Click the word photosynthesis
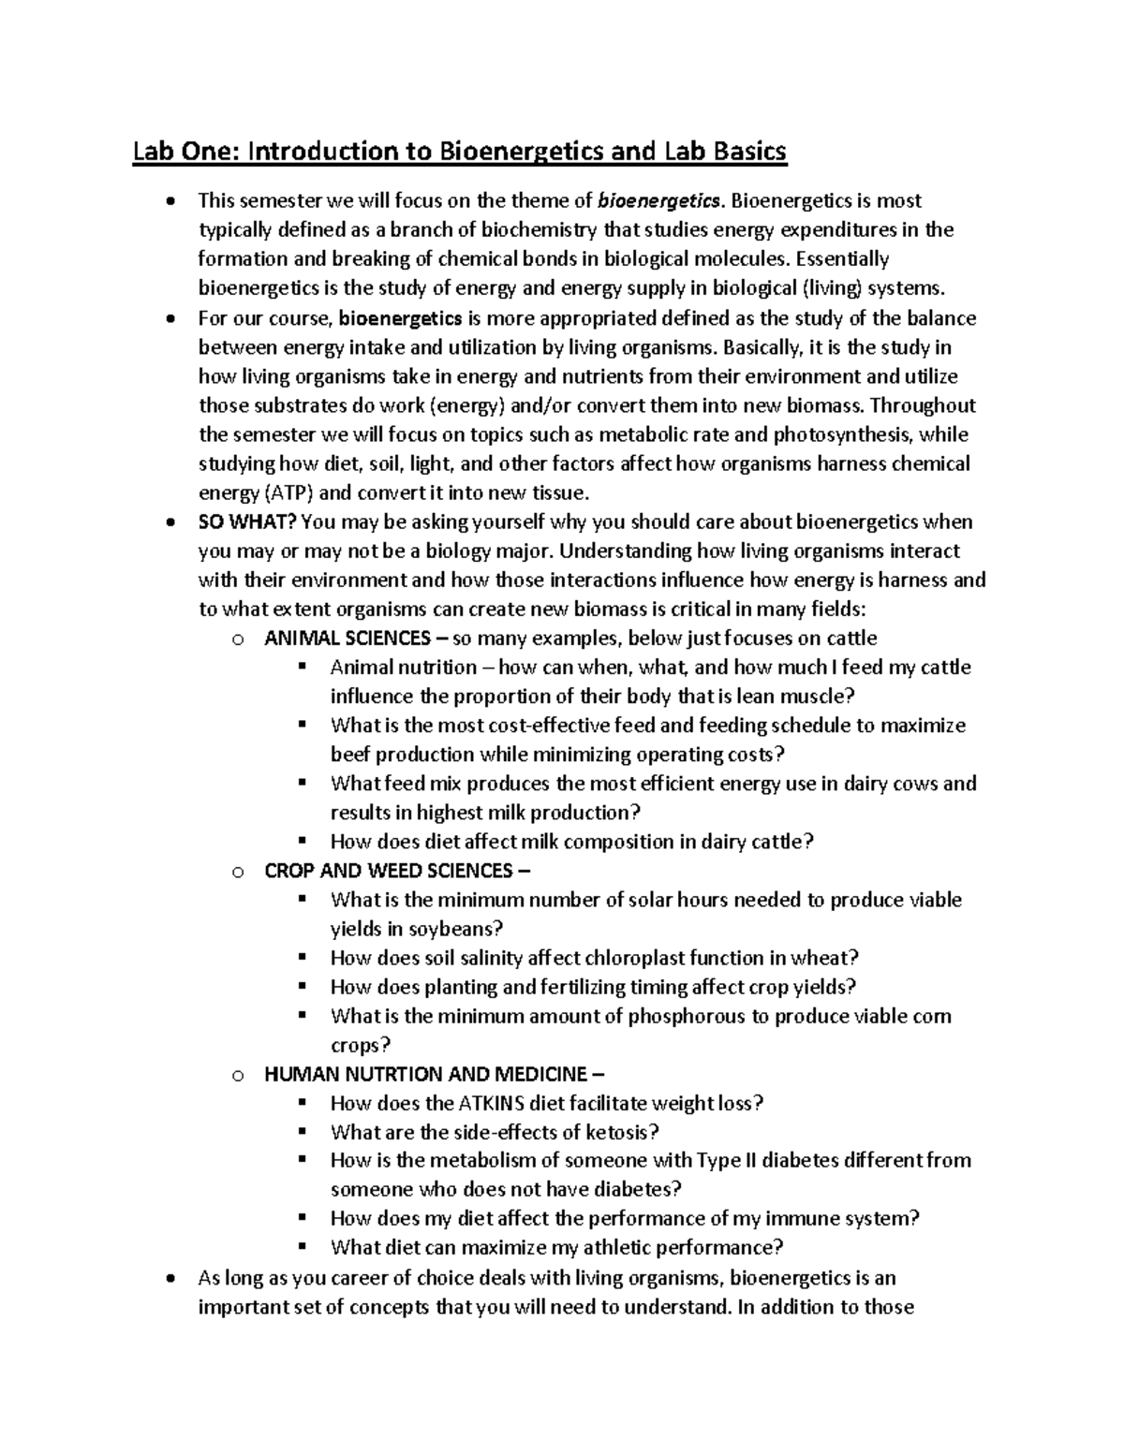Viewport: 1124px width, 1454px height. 839,434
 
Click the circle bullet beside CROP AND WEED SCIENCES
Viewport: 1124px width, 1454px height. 238,872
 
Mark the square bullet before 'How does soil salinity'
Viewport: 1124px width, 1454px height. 302,957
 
